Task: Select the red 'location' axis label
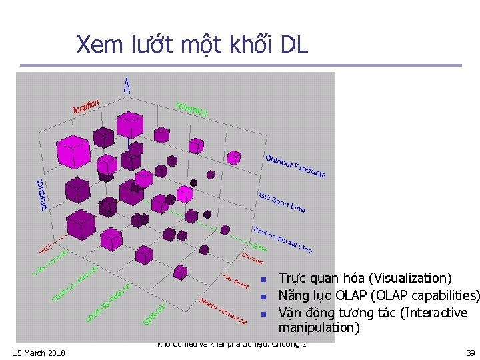point(86,105)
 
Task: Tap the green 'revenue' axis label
point(191,108)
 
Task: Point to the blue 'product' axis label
point(43,194)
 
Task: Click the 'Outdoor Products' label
point(295,166)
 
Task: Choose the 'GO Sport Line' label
point(281,202)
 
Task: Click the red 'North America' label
point(223,311)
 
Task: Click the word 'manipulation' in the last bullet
point(319,327)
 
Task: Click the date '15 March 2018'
point(39,352)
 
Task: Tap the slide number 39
point(469,352)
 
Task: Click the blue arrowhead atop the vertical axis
point(126,82)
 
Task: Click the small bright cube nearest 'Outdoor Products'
point(233,157)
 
